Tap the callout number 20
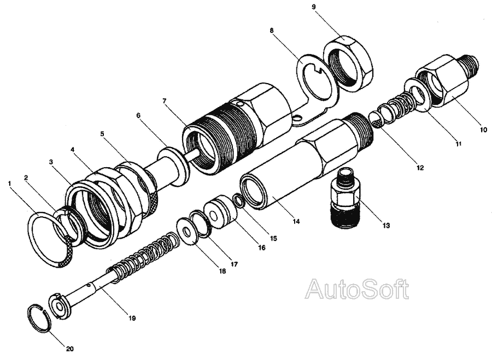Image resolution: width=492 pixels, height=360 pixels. coord(69,349)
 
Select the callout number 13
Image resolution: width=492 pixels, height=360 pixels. coord(386,225)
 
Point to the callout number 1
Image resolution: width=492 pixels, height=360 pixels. coord(10,183)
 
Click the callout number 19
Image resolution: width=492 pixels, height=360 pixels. coord(132,318)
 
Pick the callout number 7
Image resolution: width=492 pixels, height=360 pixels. coord(165,101)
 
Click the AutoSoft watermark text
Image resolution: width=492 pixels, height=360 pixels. coord(358,290)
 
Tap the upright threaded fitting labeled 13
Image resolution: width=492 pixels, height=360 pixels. coord(345,197)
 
